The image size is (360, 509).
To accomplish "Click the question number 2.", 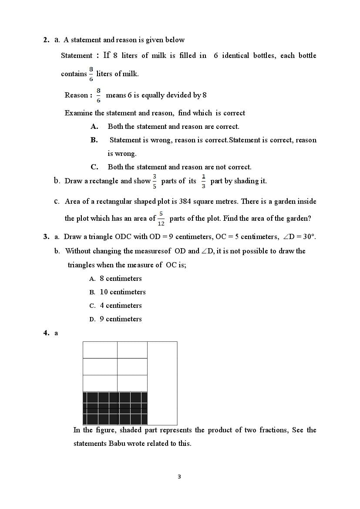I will point(46,40).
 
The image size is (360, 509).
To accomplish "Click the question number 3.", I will point(46,237).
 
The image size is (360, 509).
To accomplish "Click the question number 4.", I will point(46,333).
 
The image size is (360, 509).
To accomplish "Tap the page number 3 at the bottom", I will point(179,476).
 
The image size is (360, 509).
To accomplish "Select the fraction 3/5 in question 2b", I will point(155,181).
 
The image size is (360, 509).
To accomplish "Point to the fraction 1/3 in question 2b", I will point(203,181).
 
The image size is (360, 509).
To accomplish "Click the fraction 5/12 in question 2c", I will point(161,219).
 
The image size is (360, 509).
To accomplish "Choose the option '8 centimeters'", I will point(121,279).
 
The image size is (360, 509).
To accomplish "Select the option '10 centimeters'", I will point(123,292).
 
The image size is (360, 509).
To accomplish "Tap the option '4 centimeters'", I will point(121,306).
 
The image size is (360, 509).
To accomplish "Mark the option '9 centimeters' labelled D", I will point(121,319).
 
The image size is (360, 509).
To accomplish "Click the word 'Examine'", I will point(78,113).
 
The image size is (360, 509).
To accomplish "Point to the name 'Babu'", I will point(117,444).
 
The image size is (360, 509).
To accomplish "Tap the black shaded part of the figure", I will point(115,408).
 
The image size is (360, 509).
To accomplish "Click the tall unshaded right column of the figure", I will point(162,383).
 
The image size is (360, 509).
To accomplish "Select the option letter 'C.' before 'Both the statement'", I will point(94,167).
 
